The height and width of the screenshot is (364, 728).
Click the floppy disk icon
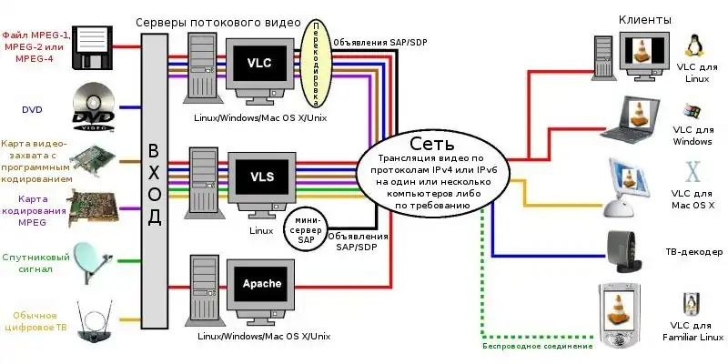pos(94,45)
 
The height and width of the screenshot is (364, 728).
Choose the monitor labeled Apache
pos(261,285)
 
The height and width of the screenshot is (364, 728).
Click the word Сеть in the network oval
pos(427,144)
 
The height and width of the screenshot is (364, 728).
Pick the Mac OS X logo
pos(693,173)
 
